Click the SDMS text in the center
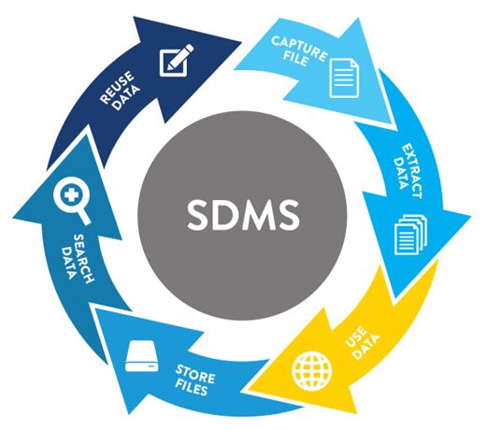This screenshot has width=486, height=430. (243, 216)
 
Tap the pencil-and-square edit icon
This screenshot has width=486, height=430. (177, 60)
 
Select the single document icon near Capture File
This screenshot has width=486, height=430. (344, 79)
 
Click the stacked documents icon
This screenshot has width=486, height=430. (410, 235)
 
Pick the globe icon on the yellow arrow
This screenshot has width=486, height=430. (312, 371)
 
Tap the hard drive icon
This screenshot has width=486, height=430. (142, 356)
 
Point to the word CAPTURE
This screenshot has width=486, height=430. (299, 49)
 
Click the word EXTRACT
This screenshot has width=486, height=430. (412, 171)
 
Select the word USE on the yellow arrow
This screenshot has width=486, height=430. (356, 337)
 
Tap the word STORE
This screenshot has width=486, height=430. (195, 374)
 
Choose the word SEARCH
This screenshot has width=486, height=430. (83, 259)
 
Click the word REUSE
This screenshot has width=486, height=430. (117, 87)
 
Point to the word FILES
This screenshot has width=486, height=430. (192, 388)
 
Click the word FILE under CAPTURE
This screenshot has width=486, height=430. (295, 59)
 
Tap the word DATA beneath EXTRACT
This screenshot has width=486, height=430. (401, 173)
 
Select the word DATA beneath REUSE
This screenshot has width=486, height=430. (126, 98)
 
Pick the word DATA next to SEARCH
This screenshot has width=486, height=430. (68, 263)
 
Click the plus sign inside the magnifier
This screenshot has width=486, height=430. (71, 195)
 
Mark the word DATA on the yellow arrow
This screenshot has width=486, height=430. (367, 347)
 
